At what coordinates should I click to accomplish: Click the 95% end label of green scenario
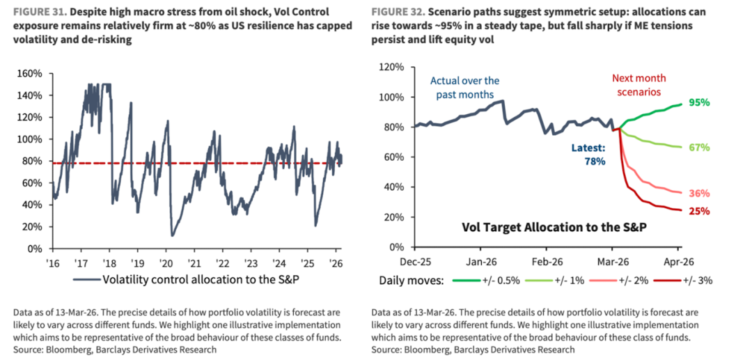(699, 102)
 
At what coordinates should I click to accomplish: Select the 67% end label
(699, 148)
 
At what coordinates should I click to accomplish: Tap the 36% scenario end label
(699, 194)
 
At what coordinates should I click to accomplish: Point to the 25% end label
(699, 211)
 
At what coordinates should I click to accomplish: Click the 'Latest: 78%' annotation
(587, 155)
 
